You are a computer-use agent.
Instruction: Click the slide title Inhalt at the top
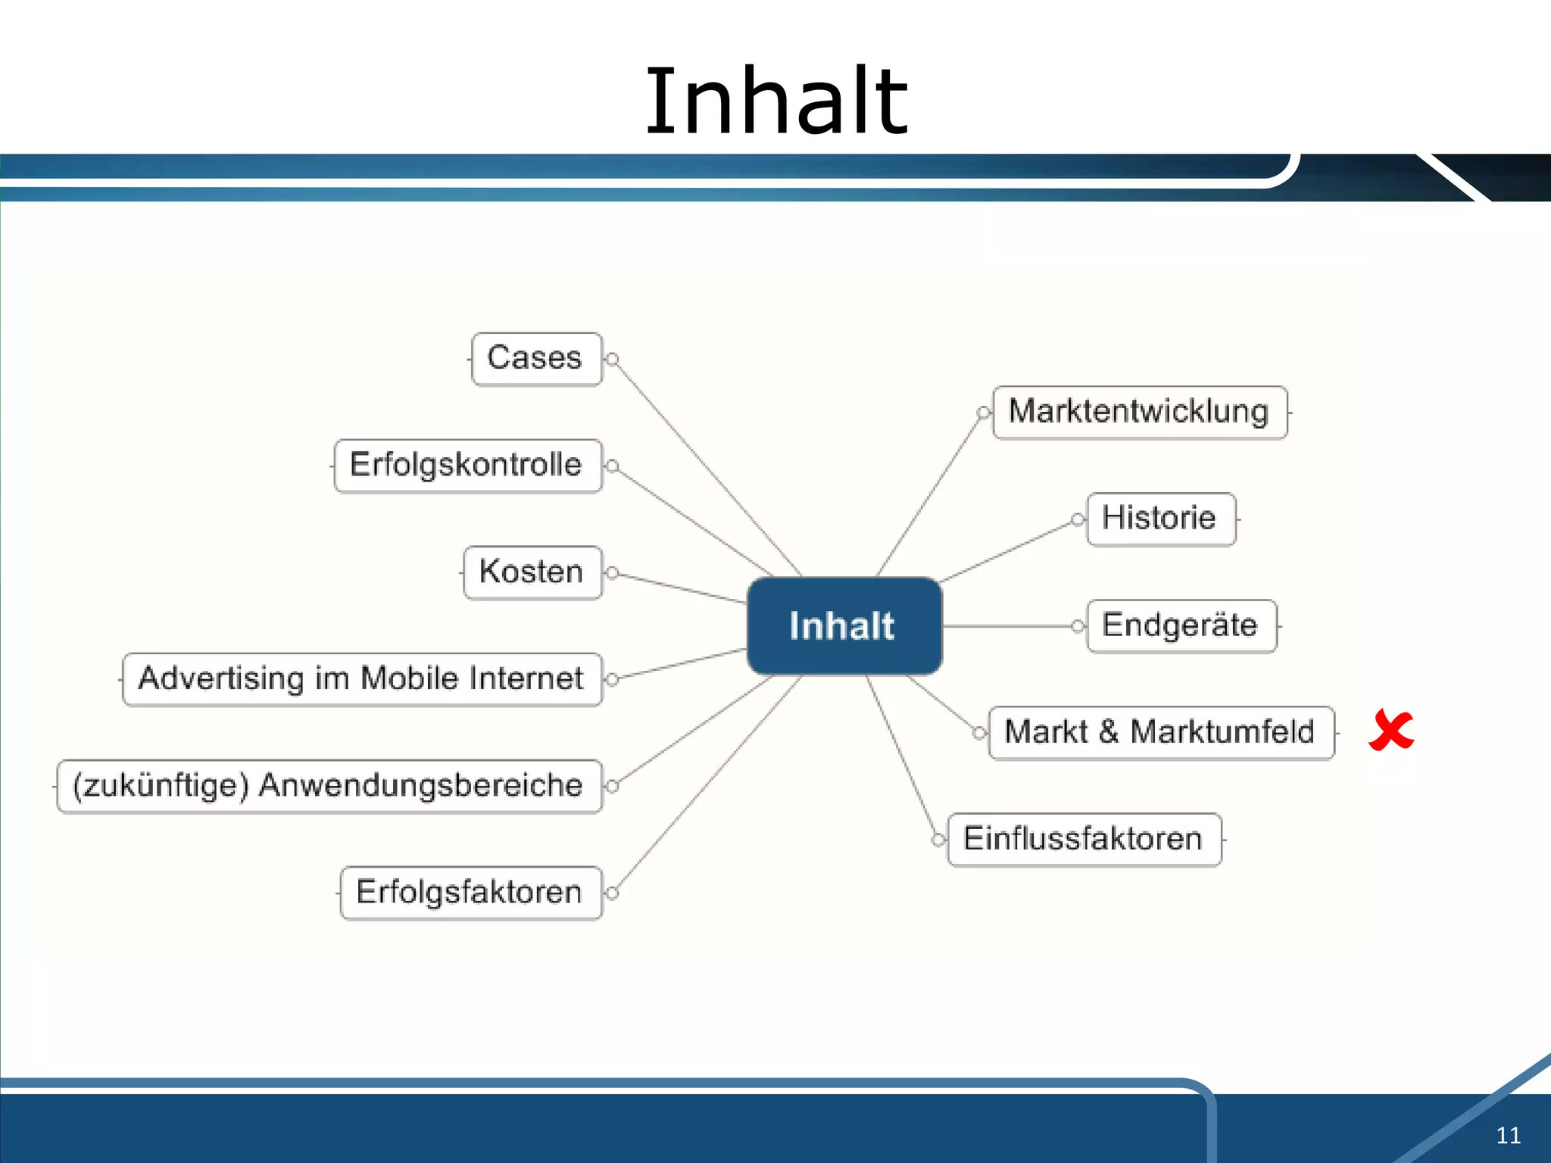(775, 101)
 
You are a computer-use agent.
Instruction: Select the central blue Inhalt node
(844, 625)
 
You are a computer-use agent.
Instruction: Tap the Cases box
(535, 359)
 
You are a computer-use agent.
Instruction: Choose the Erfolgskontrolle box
(467, 466)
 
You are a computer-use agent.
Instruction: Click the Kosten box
(532, 572)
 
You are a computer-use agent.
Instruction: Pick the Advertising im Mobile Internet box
(362, 679)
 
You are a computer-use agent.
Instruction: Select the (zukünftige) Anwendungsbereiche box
(329, 786)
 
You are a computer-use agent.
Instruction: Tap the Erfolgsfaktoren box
(470, 893)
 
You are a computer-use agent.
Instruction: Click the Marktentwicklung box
(1140, 412)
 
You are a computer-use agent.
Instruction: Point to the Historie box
(1160, 519)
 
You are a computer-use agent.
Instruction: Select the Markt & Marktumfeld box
(1161, 732)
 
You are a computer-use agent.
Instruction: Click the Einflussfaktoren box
(1084, 839)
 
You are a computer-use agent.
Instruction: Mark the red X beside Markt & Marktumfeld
(1391, 731)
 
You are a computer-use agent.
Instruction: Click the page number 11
(1508, 1135)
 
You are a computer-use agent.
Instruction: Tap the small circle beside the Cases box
(613, 359)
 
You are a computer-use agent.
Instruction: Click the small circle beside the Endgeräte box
(1078, 626)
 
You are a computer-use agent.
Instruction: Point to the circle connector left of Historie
(1078, 519)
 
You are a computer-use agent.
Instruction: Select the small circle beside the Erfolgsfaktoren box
(613, 893)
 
